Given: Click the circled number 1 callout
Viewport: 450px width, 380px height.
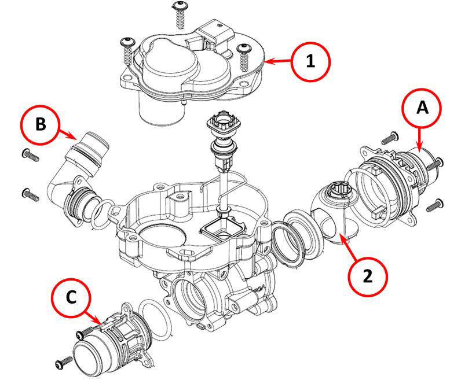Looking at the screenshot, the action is (x=310, y=62).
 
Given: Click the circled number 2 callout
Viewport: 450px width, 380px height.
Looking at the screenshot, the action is (x=368, y=276).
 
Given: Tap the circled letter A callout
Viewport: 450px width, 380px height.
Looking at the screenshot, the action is (x=422, y=108).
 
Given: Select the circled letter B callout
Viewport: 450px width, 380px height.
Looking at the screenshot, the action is (x=41, y=125).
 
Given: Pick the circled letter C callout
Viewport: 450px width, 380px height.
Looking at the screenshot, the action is (x=71, y=297).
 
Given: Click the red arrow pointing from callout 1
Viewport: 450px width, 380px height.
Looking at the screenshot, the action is (x=278, y=61).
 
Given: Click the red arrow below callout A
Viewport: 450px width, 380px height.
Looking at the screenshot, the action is (x=419, y=140).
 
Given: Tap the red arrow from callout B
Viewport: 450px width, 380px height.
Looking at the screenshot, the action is (x=68, y=134).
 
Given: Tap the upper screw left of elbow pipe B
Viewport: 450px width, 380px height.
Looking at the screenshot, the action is (x=30, y=154).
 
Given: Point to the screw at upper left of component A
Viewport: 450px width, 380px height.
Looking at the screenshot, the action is (x=389, y=139).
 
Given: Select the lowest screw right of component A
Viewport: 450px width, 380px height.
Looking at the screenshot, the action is (x=435, y=205).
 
